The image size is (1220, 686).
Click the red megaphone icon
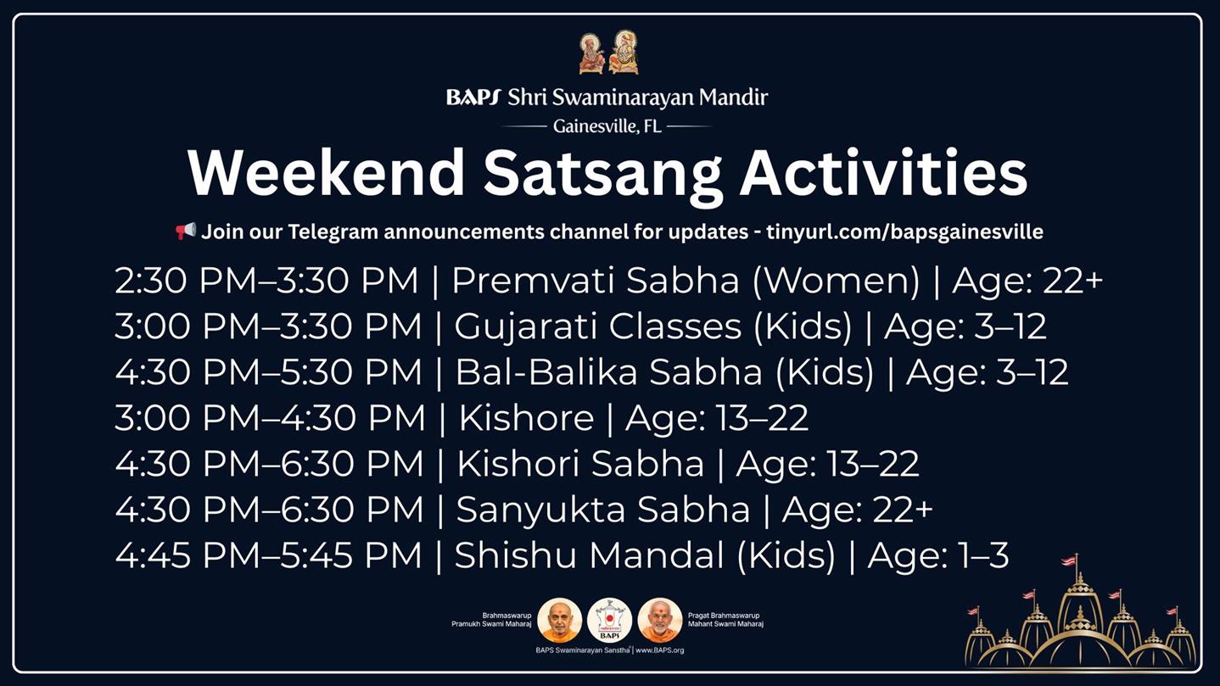coord(186,231)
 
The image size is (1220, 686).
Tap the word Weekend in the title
coord(326,173)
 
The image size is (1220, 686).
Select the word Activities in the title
coord(883,173)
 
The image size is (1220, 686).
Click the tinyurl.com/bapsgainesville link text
coord(904,232)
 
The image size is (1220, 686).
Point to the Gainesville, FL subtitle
coord(607,127)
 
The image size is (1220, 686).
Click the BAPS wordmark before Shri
coord(473,98)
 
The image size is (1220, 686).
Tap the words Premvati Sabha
coord(596,281)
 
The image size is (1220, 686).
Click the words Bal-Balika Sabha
coord(608,372)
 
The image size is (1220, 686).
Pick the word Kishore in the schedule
coord(526,418)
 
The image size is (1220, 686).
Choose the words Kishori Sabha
coord(580,464)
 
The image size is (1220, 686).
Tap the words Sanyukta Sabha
coord(603,510)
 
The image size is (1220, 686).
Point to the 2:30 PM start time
coord(185,281)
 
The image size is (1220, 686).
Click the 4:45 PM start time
coord(187,555)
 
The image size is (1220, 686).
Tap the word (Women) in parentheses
coord(837,281)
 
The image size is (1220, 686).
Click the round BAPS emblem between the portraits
coord(609,620)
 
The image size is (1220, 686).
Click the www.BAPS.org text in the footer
coord(659,650)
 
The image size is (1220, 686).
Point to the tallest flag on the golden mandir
coord(1069,561)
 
